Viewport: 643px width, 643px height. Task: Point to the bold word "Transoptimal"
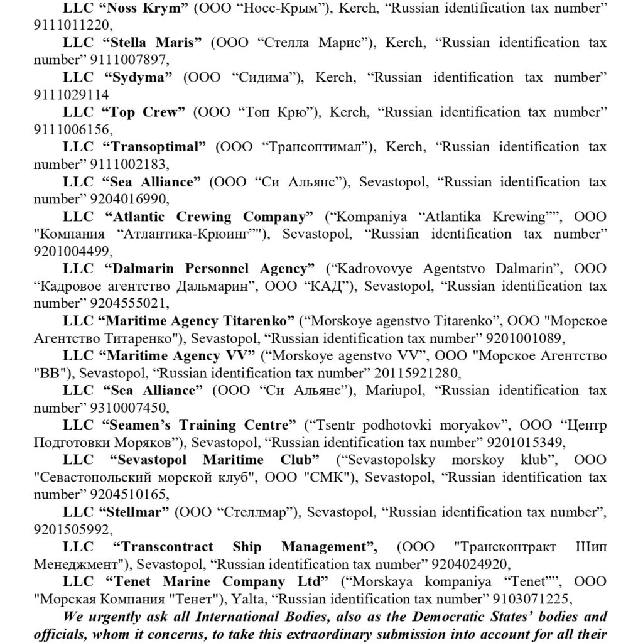point(158,148)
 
